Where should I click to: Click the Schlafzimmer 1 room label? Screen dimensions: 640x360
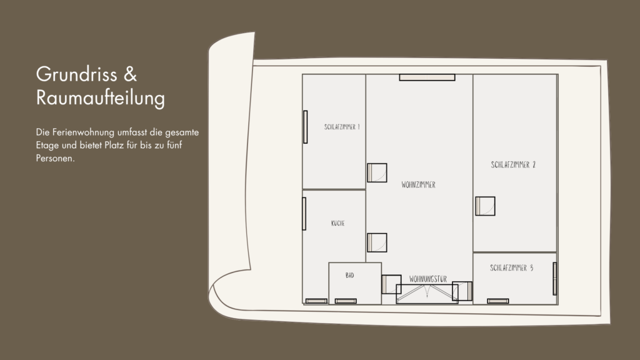pyautogui.click(x=342, y=127)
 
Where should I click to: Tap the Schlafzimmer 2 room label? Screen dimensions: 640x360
pyautogui.click(x=513, y=165)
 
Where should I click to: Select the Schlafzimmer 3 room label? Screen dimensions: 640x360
pyautogui.click(x=511, y=268)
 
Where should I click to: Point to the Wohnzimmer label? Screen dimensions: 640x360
pyautogui.click(x=418, y=185)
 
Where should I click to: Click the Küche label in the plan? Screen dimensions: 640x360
pyautogui.click(x=338, y=223)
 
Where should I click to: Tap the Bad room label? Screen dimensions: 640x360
pyautogui.click(x=350, y=276)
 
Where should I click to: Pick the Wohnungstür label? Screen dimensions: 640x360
pyautogui.click(x=427, y=279)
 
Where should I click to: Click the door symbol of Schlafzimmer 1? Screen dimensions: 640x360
pyautogui.click(x=377, y=172)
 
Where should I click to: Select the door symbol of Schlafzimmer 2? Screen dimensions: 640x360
pyautogui.click(x=485, y=206)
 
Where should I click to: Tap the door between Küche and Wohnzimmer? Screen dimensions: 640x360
pyautogui.click(x=377, y=243)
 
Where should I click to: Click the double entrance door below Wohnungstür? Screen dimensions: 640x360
pyautogui.click(x=427, y=294)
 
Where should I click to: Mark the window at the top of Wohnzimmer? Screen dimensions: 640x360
pyautogui.click(x=427, y=77)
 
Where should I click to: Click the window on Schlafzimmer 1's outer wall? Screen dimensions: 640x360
pyautogui.click(x=305, y=127)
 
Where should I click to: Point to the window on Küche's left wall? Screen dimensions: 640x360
pyautogui.click(x=304, y=214)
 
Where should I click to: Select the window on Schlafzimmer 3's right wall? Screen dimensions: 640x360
pyautogui.click(x=555, y=279)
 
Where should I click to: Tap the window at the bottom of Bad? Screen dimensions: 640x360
pyautogui.click(x=346, y=301)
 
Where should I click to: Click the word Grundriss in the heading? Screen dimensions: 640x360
pyautogui.click(x=77, y=75)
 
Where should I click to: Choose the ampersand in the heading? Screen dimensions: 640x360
pyautogui.click(x=130, y=74)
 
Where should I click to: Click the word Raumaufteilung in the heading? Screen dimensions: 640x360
pyautogui.click(x=101, y=98)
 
